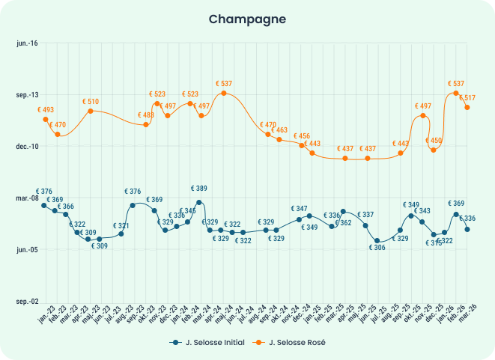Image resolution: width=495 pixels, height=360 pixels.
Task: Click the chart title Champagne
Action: (x=247, y=18)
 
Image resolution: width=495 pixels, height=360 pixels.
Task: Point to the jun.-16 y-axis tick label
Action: (x=27, y=43)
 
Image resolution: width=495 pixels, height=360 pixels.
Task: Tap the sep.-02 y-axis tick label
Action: (x=27, y=301)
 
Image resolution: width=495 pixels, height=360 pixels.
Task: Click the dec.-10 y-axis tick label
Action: (x=27, y=147)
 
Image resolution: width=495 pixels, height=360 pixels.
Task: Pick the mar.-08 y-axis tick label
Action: (x=27, y=198)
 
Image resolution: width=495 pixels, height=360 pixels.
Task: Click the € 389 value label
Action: (x=199, y=189)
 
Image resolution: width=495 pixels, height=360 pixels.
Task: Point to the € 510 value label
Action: (x=91, y=101)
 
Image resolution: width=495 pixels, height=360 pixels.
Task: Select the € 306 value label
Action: (x=378, y=248)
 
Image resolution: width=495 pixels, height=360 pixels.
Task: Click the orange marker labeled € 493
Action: (x=46, y=119)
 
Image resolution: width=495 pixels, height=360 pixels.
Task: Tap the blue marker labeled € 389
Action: (x=199, y=202)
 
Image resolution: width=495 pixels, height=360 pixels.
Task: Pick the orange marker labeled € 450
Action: (x=433, y=150)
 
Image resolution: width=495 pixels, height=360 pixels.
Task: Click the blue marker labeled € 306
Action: (x=378, y=241)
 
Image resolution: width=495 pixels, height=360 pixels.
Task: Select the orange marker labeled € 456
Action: (x=302, y=145)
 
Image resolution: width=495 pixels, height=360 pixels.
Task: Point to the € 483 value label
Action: (x=145, y=115)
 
